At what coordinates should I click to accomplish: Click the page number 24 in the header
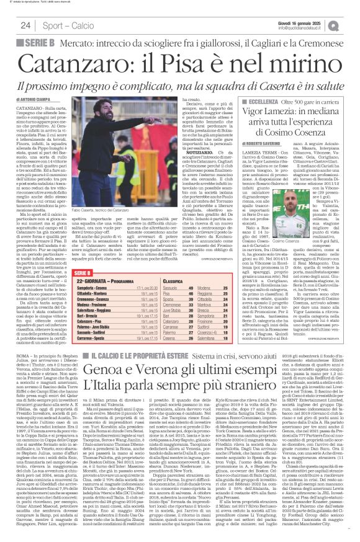tap(25, 25)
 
